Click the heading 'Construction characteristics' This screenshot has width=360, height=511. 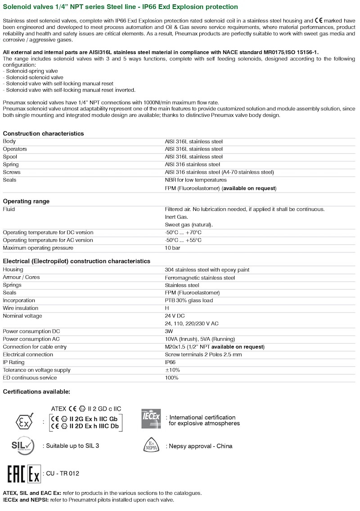pyautogui.click(x=43, y=134)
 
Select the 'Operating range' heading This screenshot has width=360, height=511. pyautogui.click(x=26, y=201)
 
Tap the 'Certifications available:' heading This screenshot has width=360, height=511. pyautogui.click(x=36, y=392)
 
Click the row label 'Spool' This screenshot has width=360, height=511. pyautogui.click(x=10, y=157)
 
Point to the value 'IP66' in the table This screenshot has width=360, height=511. pyautogui.click(x=171, y=363)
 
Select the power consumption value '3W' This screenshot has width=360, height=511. pyautogui.click(x=169, y=331)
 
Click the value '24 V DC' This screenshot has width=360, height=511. pyautogui.click(x=175, y=316)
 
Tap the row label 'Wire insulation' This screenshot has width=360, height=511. pyautogui.click(x=21, y=308)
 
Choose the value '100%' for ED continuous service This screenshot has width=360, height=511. pyautogui.click(x=171, y=378)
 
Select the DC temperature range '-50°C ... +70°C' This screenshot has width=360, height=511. pyautogui.click(x=183, y=233)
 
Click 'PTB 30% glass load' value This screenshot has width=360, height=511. pyautogui.click(x=189, y=300)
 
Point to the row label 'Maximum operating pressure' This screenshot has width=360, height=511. pyautogui.click(x=38, y=248)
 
